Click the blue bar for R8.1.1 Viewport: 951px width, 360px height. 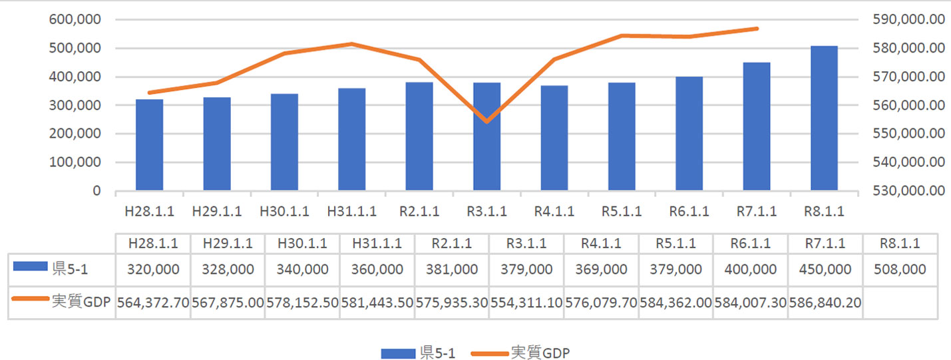click(824, 118)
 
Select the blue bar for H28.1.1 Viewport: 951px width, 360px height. click(149, 145)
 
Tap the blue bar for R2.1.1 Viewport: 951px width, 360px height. click(419, 136)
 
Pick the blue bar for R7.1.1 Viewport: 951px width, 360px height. click(757, 126)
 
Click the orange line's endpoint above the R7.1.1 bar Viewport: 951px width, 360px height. click(757, 29)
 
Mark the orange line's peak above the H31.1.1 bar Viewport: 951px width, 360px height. click(351, 44)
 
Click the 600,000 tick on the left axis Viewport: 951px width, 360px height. click(75, 20)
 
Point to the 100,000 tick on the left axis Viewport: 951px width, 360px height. click(75, 162)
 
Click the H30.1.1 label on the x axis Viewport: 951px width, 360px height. click(284, 212)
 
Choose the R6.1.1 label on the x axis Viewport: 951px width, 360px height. click(689, 212)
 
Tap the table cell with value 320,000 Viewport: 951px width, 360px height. click(152, 270)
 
